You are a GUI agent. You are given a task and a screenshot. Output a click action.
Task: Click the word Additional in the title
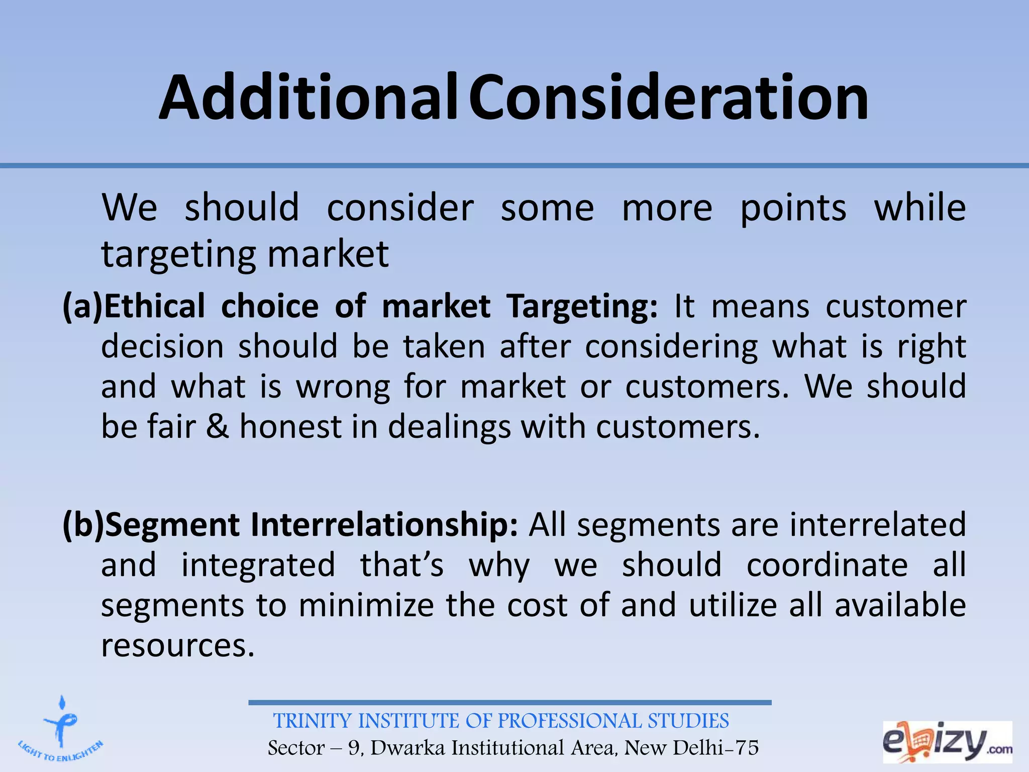[x=307, y=98]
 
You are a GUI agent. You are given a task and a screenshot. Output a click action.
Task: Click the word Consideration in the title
[x=669, y=98]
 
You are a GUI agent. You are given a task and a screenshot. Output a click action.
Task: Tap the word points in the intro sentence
[x=793, y=209]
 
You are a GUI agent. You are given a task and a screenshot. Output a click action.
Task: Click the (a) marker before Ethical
[x=82, y=307]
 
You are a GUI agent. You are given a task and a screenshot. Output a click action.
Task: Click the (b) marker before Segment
[x=83, y=525]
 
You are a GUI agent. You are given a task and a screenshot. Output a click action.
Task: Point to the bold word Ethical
[x=154, y=307]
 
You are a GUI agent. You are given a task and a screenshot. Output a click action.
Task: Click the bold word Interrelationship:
[x=384, y=525]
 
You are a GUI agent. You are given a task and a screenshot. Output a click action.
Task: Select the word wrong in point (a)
[x=343, y=387]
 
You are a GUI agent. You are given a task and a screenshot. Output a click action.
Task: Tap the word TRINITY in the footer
[x=312, y=721]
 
